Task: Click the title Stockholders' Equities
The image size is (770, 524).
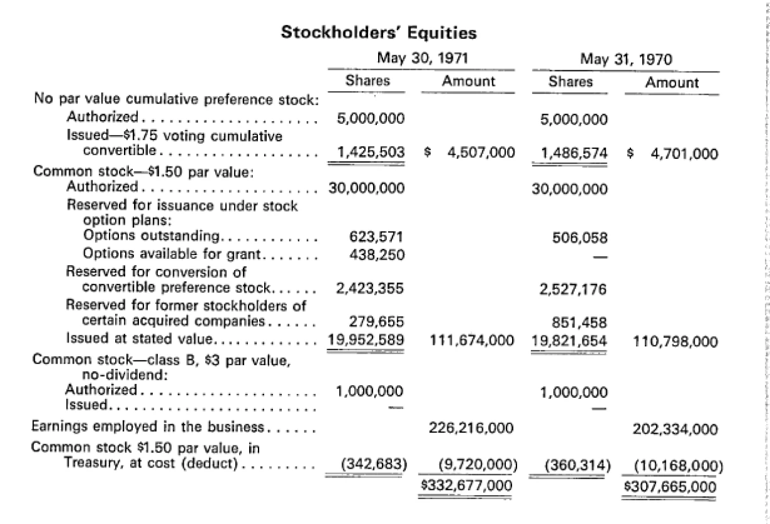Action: point(378,32)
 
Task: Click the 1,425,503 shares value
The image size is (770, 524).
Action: point(371,151)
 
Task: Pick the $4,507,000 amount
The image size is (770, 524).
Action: point(469,152)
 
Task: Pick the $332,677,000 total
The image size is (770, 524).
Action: point(466,485)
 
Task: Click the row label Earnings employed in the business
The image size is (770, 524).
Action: point(147,428)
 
